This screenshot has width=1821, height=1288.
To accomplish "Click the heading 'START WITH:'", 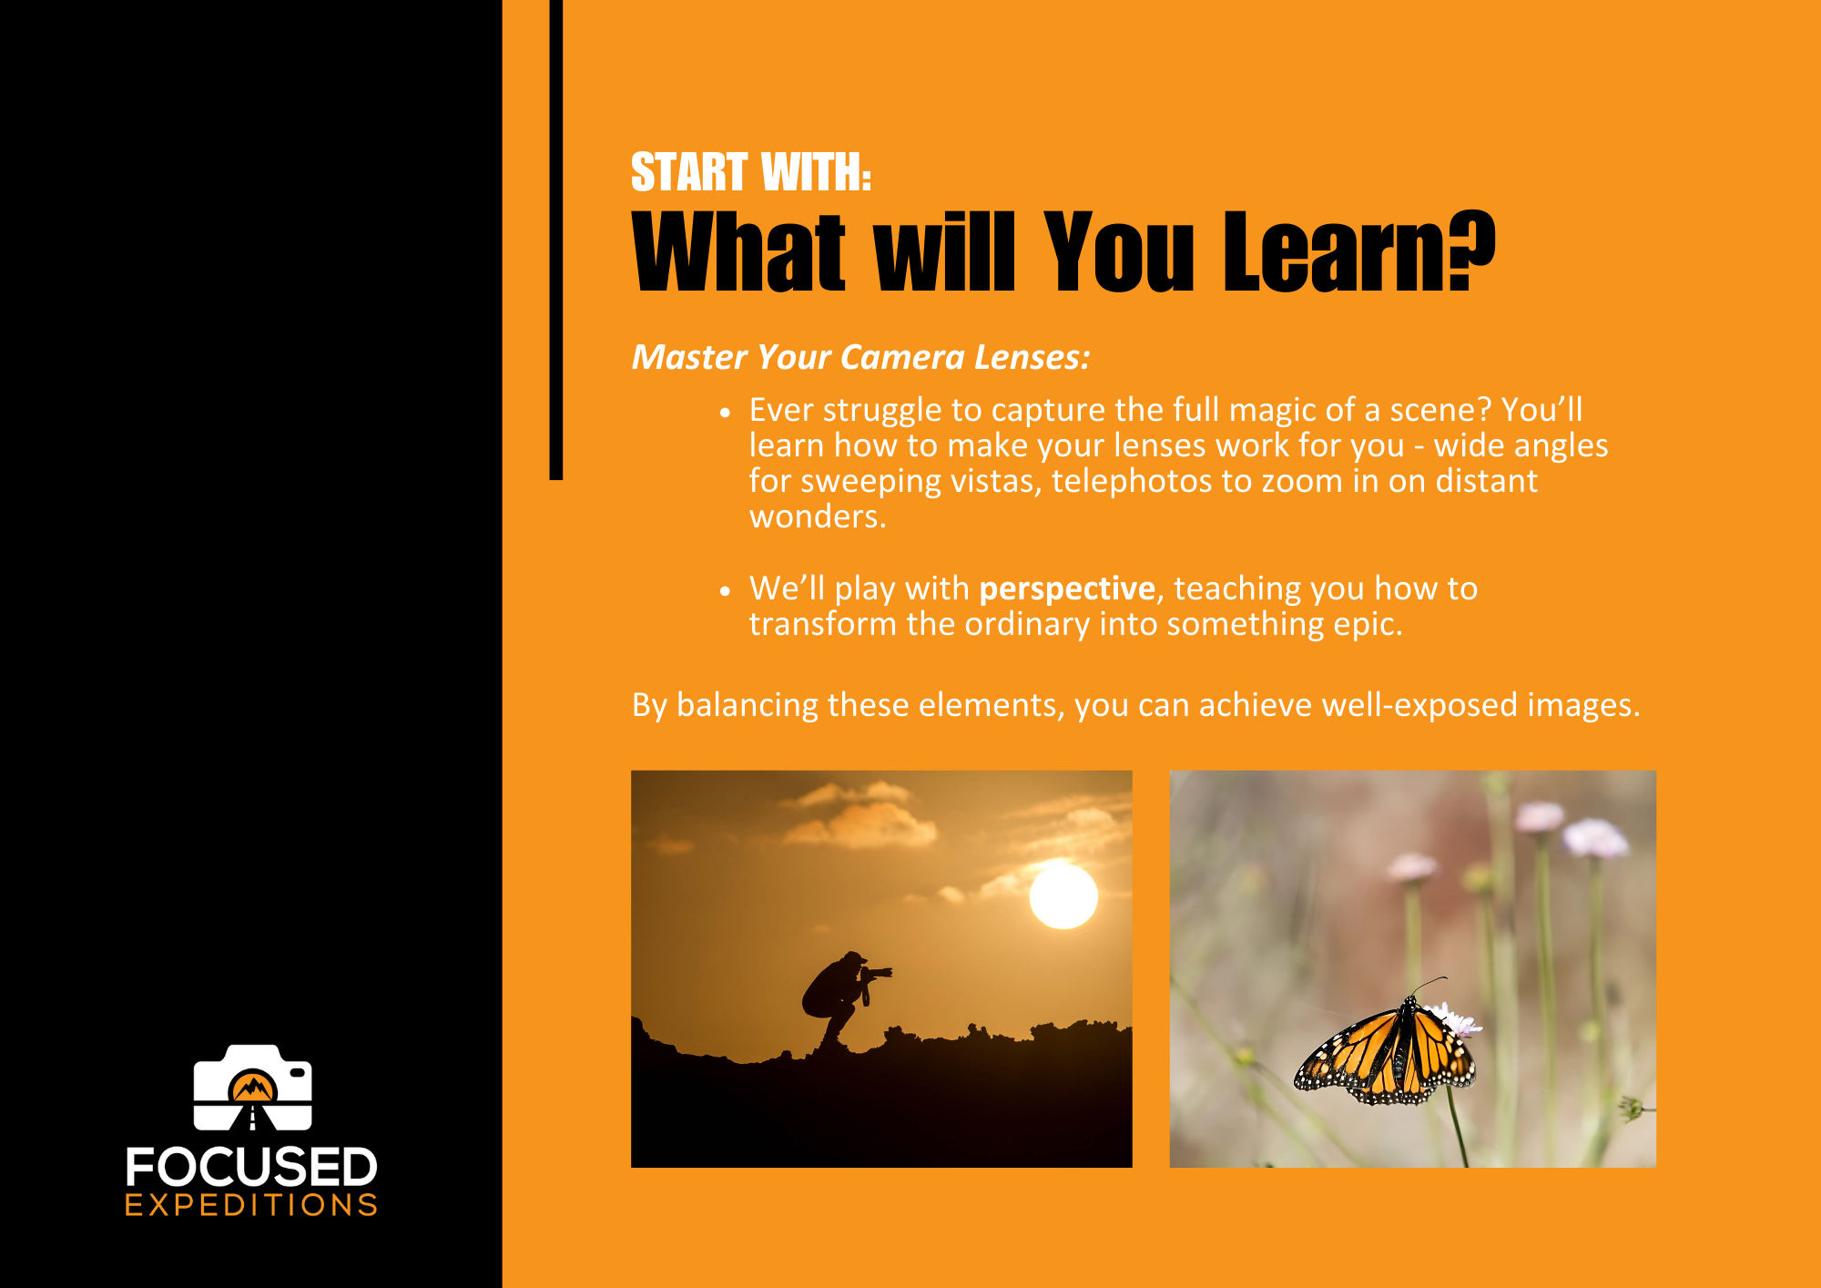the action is pos(751,172).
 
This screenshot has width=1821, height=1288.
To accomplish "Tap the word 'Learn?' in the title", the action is pos(1359,250).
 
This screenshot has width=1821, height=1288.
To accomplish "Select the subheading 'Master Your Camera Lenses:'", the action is pos(860,357).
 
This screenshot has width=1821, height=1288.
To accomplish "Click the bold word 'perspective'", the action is pos(1067,589).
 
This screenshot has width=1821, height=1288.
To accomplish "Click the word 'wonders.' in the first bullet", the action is pos(818,516).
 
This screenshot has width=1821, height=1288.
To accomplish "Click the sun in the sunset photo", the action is pos(1063,896).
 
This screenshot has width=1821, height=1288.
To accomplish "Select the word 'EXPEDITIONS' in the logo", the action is pos(251,1205).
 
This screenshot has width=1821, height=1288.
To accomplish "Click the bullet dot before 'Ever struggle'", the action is pos(725,413).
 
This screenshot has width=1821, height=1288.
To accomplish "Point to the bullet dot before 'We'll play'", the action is pos(725,591).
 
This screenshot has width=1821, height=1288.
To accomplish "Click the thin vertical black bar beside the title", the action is pos(556,240).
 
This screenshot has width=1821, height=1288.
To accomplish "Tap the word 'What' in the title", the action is pos(738,250).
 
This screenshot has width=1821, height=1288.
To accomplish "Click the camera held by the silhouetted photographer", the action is pos(876,973).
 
